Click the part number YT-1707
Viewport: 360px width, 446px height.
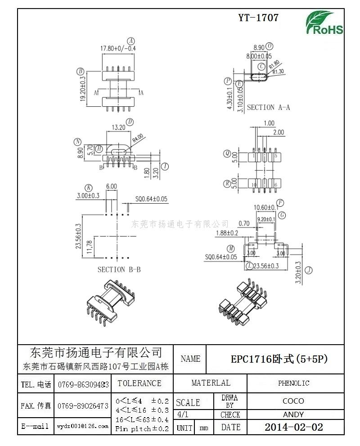pos(258,18)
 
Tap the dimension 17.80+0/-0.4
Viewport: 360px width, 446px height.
pos(118,48)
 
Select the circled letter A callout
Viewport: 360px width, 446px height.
pos(131,40)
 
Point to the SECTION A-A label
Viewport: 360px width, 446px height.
pos(269,107)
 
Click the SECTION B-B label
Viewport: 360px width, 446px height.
pos(119,269)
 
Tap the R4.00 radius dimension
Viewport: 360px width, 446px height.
pos(138,136)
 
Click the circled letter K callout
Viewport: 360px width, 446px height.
pos(89,187)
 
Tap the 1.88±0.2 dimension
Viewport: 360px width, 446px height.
pos(226,233)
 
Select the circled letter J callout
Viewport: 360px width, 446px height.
pos(309,270)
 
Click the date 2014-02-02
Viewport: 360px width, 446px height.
pos(293,427)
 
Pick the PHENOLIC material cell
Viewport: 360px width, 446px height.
pos(293,383)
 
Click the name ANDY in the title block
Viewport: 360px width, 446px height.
pos(293,414)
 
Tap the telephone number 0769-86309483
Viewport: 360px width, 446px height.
pos(83,385)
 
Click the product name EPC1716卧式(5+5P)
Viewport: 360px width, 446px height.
pos(279,359)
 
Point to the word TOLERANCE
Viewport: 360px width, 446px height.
pos(139,383)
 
